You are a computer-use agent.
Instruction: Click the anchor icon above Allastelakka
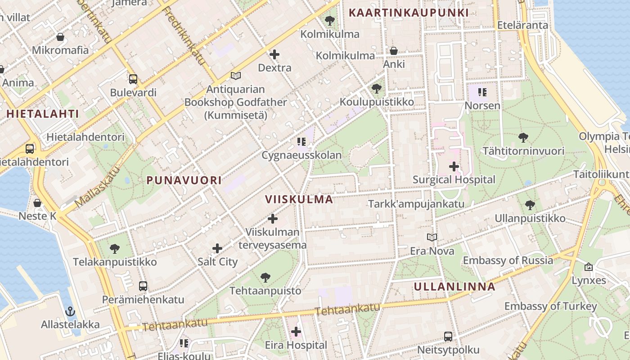tap(70, 311)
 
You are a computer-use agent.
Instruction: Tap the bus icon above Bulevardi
tap(133, 79)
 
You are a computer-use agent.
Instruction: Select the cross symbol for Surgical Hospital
tap(454, 166)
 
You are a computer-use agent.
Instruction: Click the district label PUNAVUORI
tap(184, 180)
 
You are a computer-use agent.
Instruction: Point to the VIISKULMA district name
tap(299, 199)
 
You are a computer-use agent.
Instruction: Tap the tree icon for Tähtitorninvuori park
tap(523, 137)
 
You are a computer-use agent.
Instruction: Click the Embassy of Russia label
tap(508, 260)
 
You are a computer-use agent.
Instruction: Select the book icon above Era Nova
tap(432, 237)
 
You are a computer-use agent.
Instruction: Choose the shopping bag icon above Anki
tap(394, 51)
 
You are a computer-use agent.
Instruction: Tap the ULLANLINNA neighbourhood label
tap(454, 287)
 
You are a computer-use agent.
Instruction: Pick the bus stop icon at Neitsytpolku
tap(448, 336)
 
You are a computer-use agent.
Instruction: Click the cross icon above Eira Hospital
tap(296, 332)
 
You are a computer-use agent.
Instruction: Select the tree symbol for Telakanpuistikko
tap(115, 248)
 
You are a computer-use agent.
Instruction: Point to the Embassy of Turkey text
tap(550, 306)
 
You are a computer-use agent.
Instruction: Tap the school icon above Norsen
tap(482, 92)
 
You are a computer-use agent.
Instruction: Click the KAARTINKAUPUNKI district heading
tap(409, 13)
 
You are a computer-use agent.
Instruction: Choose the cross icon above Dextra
tap(274, 54)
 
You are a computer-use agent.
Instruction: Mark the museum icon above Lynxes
tap(588, 267)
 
